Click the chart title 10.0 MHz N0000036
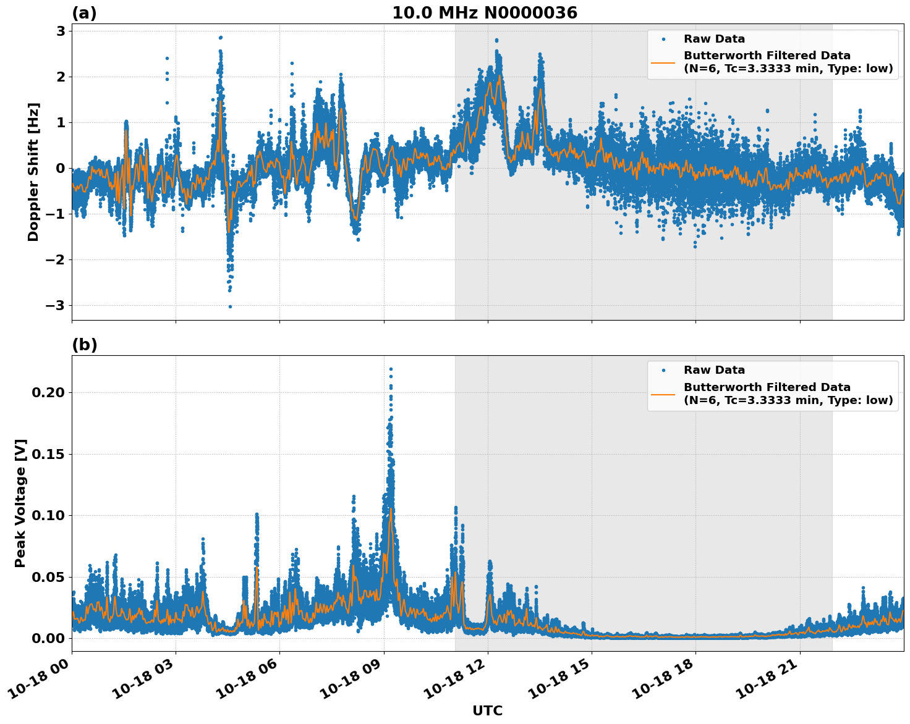click(485, 13)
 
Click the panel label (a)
click(84, 13)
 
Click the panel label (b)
click(85, 345)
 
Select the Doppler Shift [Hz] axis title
click(33, 172)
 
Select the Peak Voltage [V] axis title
click(20, 503)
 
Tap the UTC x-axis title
click(487, 710)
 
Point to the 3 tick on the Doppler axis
click(61, 32)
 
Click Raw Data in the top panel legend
click(714, 40)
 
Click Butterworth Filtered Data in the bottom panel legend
click(767, 387)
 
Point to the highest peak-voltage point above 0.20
click(391, 369)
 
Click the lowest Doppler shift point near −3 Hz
click(230, 306)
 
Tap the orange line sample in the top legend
click(663, 62)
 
